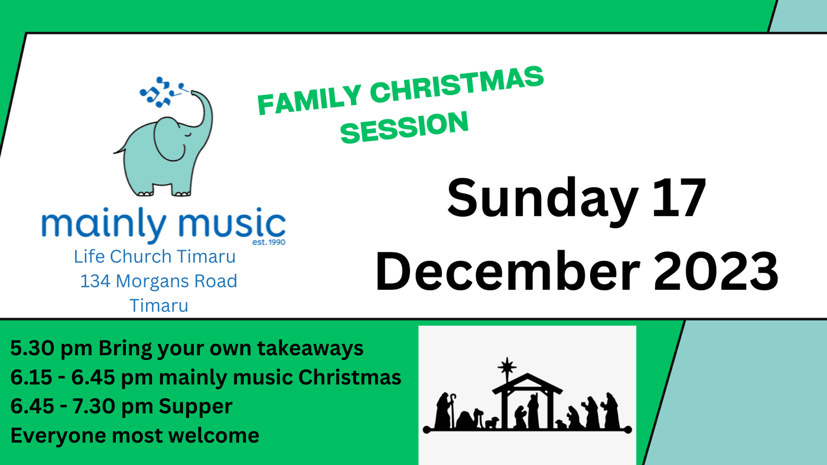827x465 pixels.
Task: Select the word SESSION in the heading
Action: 404,127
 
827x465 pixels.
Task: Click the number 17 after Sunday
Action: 679,198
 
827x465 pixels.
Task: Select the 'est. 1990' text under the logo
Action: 269,243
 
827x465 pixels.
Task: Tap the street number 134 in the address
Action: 95,281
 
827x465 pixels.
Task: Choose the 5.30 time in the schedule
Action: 32,348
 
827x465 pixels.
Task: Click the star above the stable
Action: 507,366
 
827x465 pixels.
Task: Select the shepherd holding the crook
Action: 445,411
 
